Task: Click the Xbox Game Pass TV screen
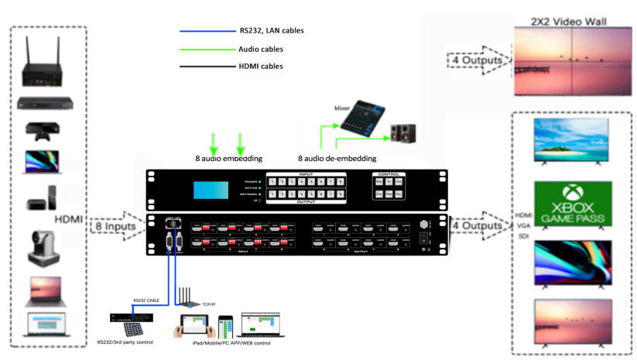coord(574,204)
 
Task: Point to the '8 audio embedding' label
coord(229,158)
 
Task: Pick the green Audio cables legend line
coord(205,50)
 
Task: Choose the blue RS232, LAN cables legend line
coord(205,31)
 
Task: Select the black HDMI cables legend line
coord(205,67)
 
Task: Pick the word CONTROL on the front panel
coord(388,174)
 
